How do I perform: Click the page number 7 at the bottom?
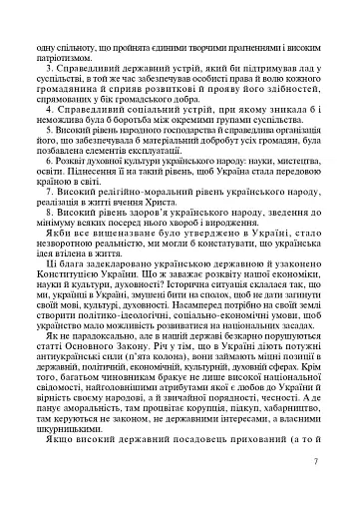[342, 461]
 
